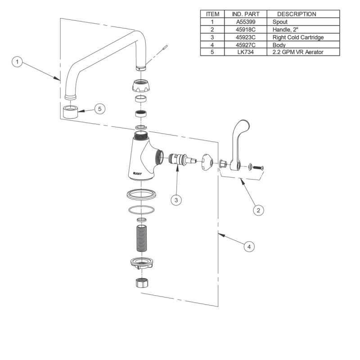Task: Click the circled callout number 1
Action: (17, 62)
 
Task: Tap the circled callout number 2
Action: (258, 210)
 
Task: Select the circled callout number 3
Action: (176, 200)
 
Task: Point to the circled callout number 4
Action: (249, 247)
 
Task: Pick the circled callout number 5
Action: (99, 108)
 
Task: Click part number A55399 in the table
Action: (246, 22)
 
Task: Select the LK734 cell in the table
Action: (246, 52)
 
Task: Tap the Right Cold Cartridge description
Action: (298, 37)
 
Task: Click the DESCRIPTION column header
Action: (297, 14)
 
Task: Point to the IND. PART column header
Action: (246, 14)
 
